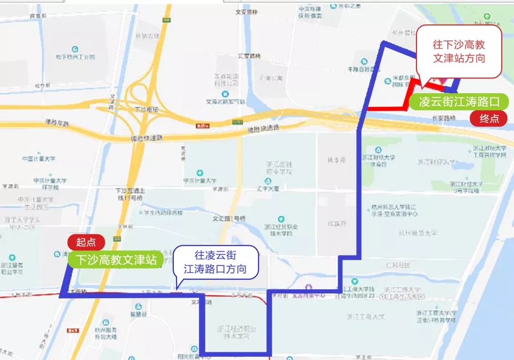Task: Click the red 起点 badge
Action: [86, 242]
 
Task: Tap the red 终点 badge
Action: [489, 118]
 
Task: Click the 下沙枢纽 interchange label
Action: [146, 109]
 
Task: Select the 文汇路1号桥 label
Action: [228, 218]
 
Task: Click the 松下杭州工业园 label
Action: [75, 57]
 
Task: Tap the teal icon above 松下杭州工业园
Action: [75, 49]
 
